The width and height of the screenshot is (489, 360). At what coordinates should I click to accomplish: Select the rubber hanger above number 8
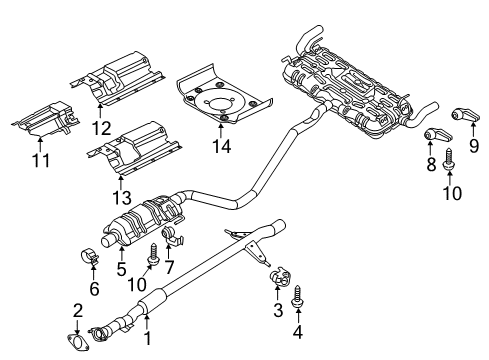(436, 134)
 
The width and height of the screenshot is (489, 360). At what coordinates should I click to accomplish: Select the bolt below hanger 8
(446, 157)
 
